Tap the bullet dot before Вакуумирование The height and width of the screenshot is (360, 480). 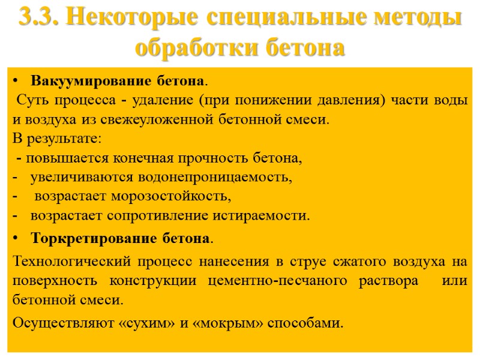[16, 80]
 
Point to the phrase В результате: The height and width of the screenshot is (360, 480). [57, 139]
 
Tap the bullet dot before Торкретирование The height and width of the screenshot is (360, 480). [16, 238]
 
